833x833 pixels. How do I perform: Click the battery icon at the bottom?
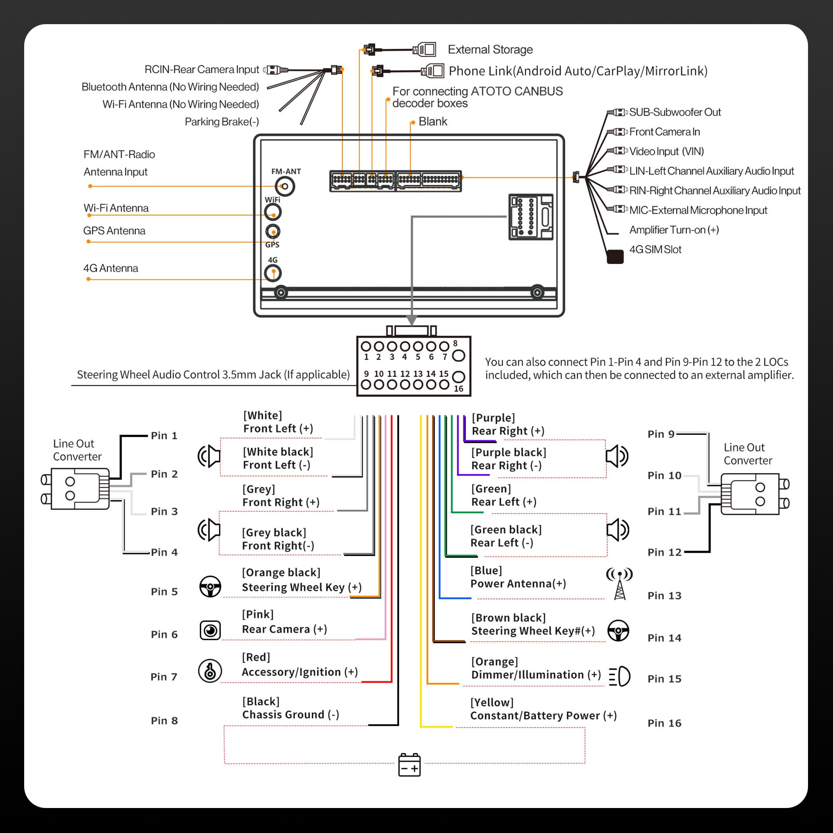[409, 764]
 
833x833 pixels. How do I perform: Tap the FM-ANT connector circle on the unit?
[285, 186]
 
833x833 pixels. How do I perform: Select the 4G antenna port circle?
[273, 273]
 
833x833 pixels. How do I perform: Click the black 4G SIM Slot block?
[615, 257]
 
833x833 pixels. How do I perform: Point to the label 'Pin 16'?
[664, 723]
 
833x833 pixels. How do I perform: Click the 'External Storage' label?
[490, 50]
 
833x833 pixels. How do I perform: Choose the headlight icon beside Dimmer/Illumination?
[620, 676]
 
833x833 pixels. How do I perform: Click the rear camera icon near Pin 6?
[210, 630]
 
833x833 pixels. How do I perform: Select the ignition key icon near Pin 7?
[210, 671]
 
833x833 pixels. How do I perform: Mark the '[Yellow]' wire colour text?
[492, 702]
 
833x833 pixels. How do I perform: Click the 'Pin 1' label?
[164, 436]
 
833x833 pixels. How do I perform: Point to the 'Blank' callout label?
[433, 122]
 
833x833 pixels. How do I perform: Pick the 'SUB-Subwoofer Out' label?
[675, 112]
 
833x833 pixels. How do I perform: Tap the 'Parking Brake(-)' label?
[222, 122]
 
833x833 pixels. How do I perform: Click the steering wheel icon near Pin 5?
[210, 586]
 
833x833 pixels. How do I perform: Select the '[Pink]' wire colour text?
[258, 614]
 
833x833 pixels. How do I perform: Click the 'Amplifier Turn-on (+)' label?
[674, 230]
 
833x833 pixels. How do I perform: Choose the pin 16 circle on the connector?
[459, 377]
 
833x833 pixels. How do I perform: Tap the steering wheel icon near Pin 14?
[618, 630]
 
